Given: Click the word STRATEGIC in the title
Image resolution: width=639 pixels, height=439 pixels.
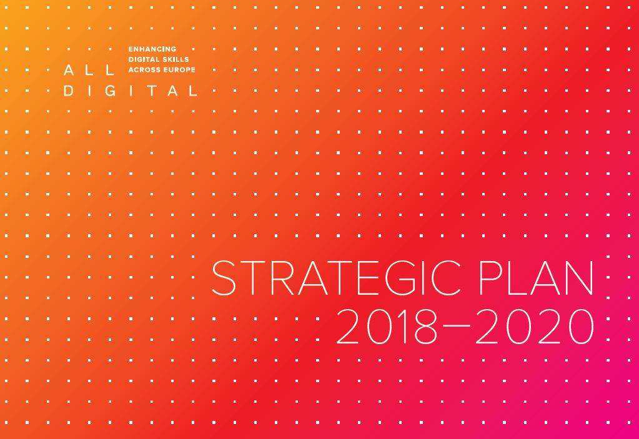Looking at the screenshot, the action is click(336, 278).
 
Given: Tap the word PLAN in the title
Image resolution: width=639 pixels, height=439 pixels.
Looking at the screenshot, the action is click(537, 278).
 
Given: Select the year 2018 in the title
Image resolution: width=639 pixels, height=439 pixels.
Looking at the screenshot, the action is click(385, 326).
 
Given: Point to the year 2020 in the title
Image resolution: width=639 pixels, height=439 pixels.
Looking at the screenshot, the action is click(535, 326).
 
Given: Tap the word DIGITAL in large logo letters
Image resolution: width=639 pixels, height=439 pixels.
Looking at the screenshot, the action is click(131, 91).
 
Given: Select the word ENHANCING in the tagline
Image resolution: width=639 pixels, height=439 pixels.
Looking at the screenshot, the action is click(152, 49).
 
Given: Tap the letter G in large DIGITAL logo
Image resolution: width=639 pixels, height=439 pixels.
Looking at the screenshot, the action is click(111, 91).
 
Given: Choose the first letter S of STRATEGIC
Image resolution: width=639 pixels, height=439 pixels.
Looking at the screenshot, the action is click(224, 278).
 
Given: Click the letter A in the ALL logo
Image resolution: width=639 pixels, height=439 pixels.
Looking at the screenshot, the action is click(69, 70).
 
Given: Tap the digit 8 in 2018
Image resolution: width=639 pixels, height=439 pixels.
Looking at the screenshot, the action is click(425, 326).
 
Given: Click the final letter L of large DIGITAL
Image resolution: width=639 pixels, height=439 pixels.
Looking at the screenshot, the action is click(193, 91).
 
